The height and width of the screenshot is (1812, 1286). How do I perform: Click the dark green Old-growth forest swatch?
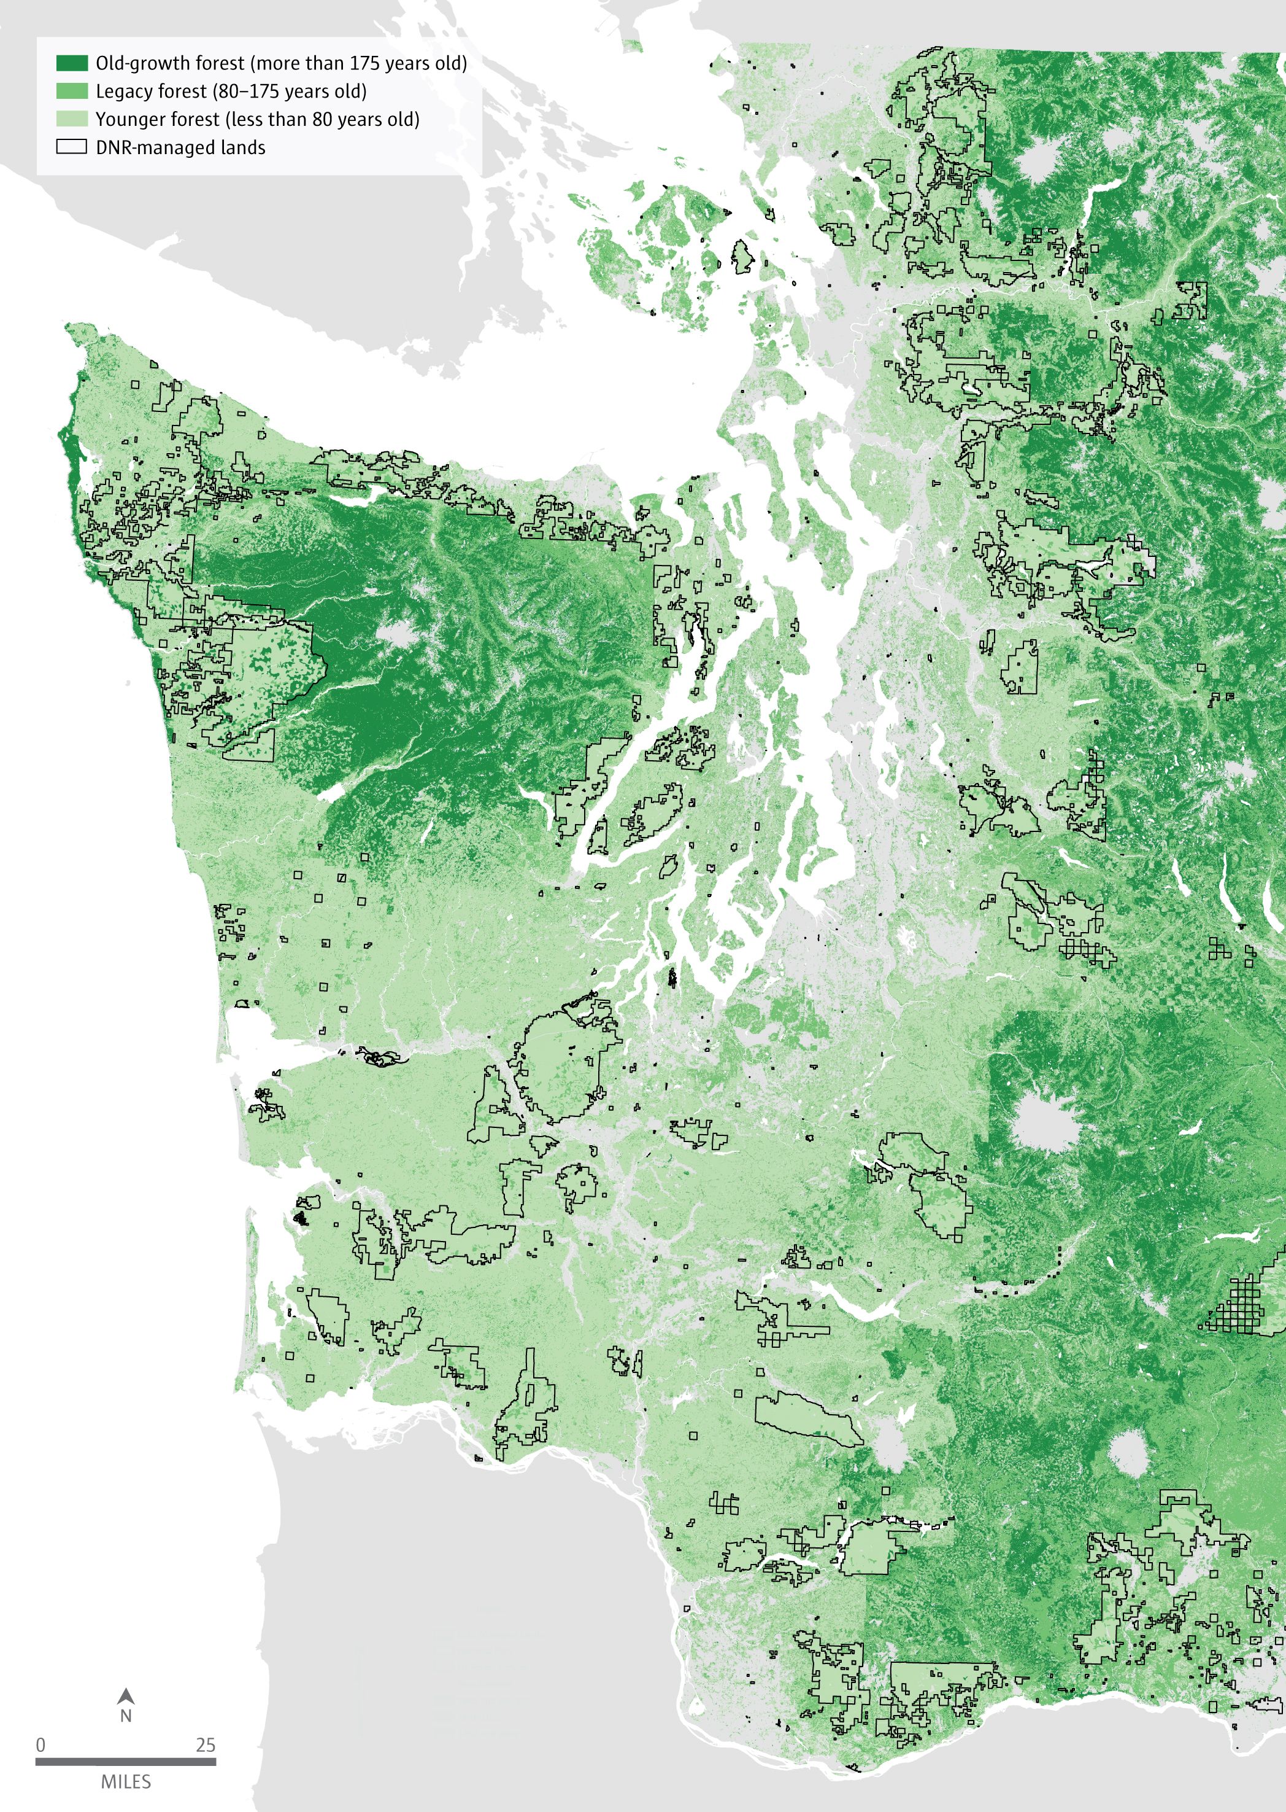pyautogui.click(x=71, y=63)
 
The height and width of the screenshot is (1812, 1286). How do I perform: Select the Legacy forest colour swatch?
pyautogui.click(x=71, y=91)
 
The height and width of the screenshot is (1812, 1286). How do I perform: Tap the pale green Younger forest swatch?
pyautogui.click(x=71, y=119)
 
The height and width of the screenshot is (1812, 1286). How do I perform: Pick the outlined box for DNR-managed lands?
pyautogui.click(x=71, y=147)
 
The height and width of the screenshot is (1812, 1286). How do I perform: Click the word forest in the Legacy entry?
pyautogui.click(x=182, y=91)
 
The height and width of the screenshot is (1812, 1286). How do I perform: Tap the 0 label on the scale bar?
pyautogui.click(x=40, y=1744)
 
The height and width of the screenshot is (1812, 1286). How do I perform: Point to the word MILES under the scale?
pyautogui.click(x=125, y=1782)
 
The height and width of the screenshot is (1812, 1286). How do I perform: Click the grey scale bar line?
pyautogui.click(x=125, y=1761)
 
